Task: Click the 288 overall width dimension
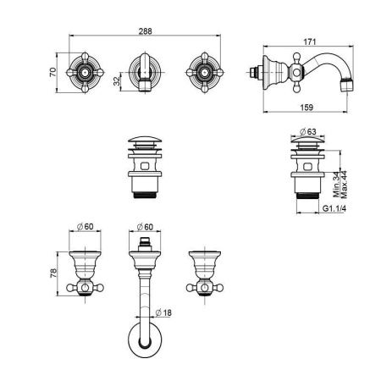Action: click(x=145, y=31)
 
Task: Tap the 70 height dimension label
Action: click(x=52, y=72)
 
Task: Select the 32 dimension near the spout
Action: click(x=117, y=81)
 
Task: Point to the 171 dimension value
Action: click(x=310, y=41)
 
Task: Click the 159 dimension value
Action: click(x=306, y=108)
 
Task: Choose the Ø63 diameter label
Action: click(x=308, y=131)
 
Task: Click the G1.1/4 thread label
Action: click(x=334, y=208)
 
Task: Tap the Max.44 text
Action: click(x=345, y=185)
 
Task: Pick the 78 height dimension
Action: click(x=53, y=273)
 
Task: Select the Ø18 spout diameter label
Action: click(x=163, y=312)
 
